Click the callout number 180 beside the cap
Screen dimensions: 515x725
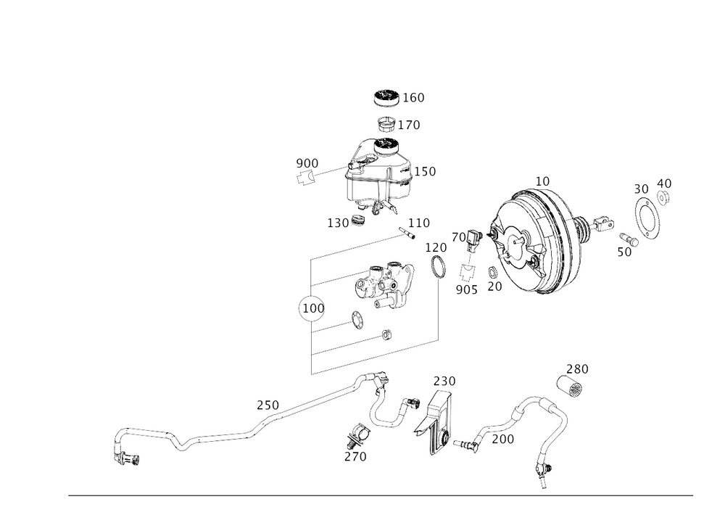pos(415,96)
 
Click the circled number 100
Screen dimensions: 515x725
pos(310,308)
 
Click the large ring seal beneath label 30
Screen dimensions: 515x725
pos(650,219)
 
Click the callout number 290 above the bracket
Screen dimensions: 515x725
pos(444,381)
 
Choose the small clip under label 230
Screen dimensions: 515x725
pos(573,387)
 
